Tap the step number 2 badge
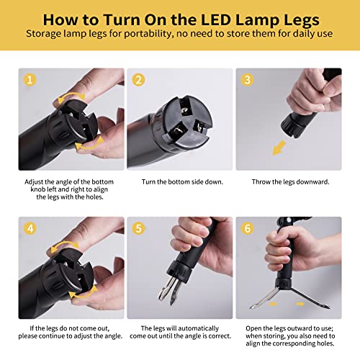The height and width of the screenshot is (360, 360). pos(139,80)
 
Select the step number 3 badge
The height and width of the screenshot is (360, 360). pos(247,80)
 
